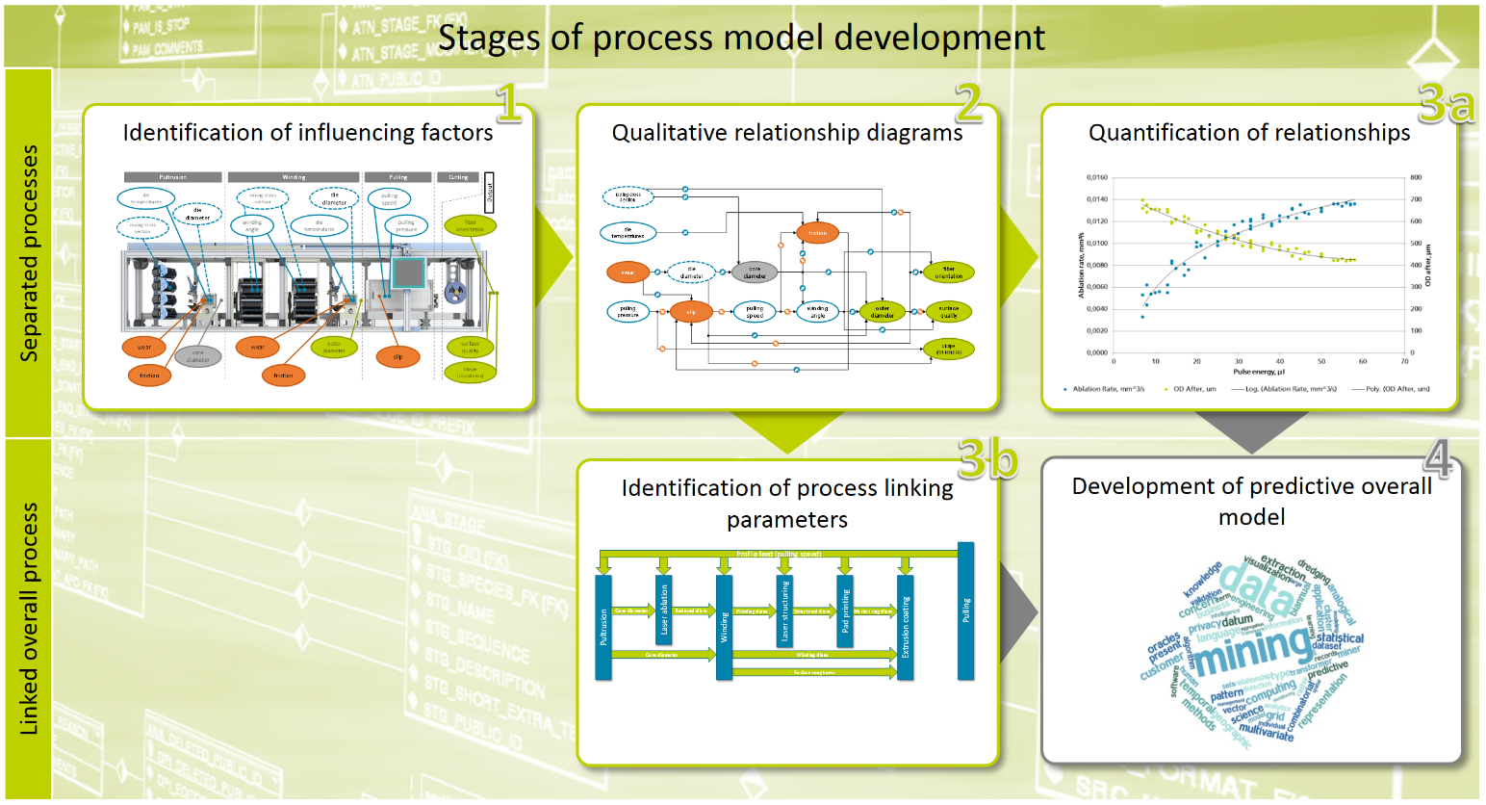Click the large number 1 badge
tap(508, 102)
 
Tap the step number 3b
tap(987, 459)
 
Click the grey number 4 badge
tap(1439, 458)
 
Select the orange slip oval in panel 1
tap(397, 357)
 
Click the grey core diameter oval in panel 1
tap(197, 357)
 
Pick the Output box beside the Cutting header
tap(489, 192)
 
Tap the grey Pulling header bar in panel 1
tap(398, 177)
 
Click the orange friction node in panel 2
tap(817, 233)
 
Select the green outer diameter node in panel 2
tap(882, 312)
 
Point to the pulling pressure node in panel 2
tap(628, 312)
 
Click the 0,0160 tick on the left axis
tap(1096, 178)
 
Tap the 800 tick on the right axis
tap(1416, 178)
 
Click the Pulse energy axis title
tap(1258, 372)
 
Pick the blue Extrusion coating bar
tap(905, 627)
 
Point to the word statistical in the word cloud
tap(1339, 638)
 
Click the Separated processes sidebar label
tap(29, 253)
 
